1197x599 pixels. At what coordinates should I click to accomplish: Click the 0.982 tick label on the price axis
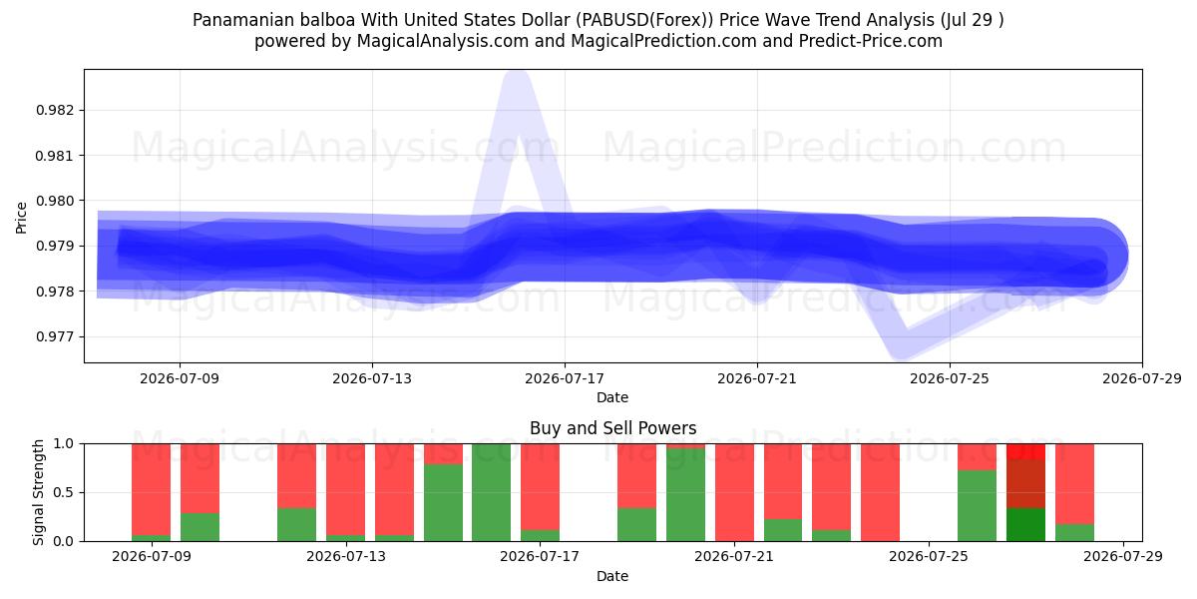55,110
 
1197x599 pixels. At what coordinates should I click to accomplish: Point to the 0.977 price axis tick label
55,337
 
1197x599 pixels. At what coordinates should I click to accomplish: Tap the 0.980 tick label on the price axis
55,201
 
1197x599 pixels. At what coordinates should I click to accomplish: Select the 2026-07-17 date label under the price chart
565,378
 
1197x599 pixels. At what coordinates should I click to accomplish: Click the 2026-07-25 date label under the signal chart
929,556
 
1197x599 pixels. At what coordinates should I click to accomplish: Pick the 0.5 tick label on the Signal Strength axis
63,492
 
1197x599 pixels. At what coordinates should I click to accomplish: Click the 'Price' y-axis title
21,218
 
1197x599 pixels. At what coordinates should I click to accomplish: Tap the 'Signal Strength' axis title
38,492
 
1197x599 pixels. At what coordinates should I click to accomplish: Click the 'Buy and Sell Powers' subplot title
612,428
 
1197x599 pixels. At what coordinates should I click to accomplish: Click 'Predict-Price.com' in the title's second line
871,41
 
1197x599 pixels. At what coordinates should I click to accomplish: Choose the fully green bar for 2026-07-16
491,492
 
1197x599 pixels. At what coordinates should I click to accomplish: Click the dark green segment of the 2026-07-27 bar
1025,525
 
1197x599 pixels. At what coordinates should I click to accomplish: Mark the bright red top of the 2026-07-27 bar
1025,451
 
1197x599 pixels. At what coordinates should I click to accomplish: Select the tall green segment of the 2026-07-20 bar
685,495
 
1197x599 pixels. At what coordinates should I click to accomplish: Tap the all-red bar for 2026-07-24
880,492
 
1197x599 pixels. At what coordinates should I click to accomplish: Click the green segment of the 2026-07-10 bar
199,527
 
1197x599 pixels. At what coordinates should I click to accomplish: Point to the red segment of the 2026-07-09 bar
152,489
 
